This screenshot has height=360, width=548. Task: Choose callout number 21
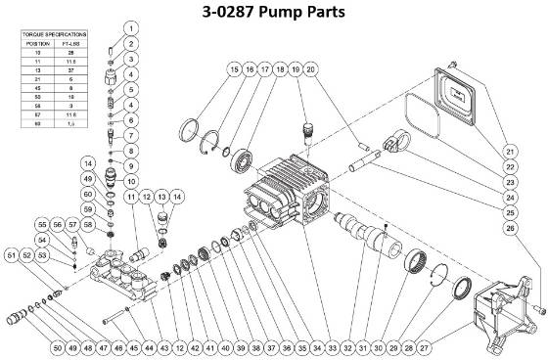point(510,152)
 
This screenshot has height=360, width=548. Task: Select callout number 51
point(12,256)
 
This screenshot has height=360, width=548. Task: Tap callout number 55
point(69,223)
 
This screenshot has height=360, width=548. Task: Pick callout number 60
point(89,194)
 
